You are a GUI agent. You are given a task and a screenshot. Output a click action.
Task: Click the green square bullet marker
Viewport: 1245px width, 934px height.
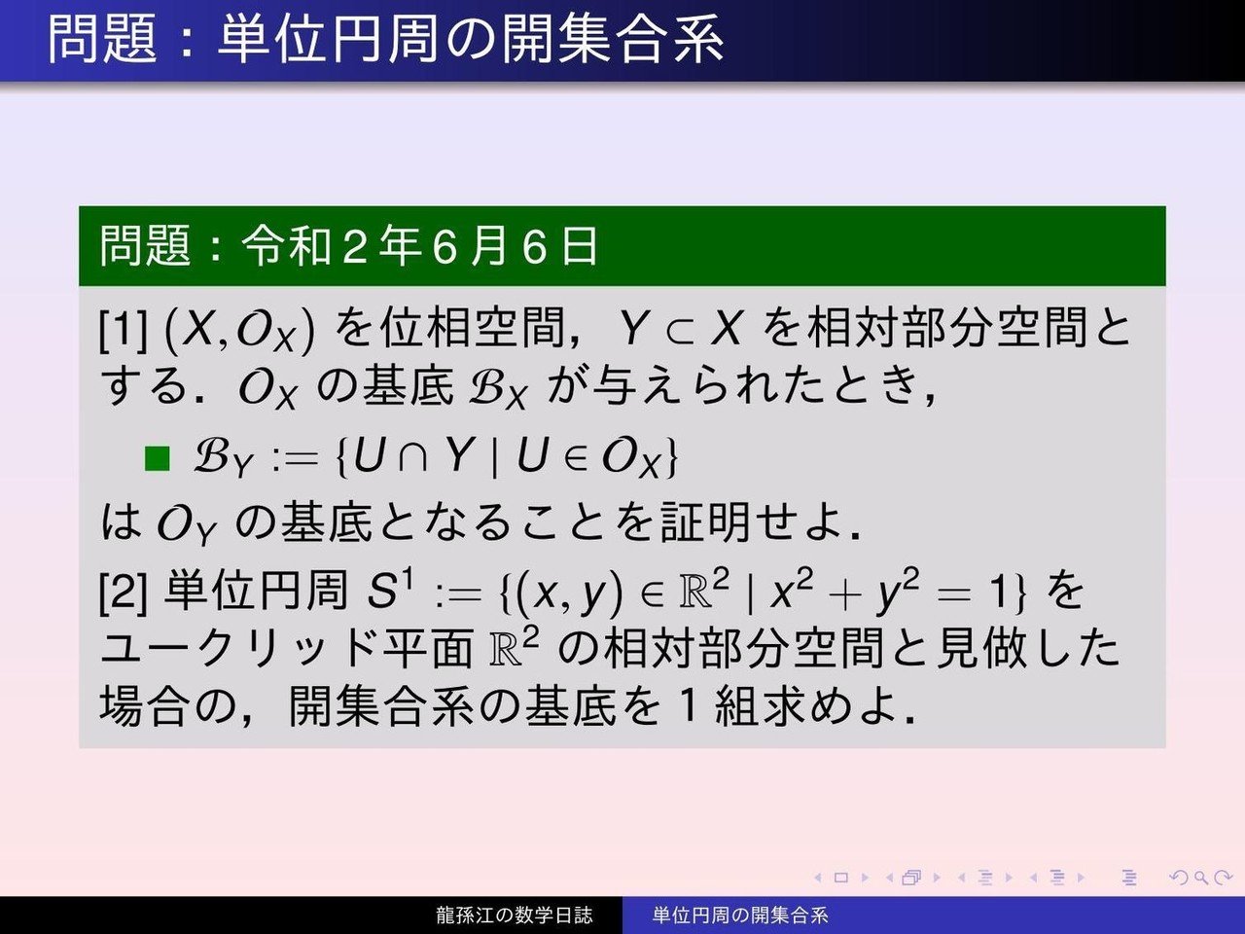pos(158,458)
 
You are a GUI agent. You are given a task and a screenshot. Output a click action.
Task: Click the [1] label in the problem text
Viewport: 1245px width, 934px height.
pos(124,330)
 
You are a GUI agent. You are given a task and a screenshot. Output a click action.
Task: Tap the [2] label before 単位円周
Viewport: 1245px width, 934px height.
pos(124,593)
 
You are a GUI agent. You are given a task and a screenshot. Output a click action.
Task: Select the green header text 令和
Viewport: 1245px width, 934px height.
pos(286,246)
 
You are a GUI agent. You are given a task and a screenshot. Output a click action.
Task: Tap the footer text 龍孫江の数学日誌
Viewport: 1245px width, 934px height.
pos(515,915)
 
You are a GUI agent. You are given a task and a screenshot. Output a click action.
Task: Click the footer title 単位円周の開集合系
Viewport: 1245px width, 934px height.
pos(740,915)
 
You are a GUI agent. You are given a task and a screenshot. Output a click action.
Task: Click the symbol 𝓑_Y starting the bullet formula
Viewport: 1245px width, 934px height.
pos(222,459)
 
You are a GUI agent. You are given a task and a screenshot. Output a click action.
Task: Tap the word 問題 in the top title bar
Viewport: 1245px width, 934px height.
pos(102,39)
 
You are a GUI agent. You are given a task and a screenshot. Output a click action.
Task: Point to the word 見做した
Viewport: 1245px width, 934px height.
pos(1028,649)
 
